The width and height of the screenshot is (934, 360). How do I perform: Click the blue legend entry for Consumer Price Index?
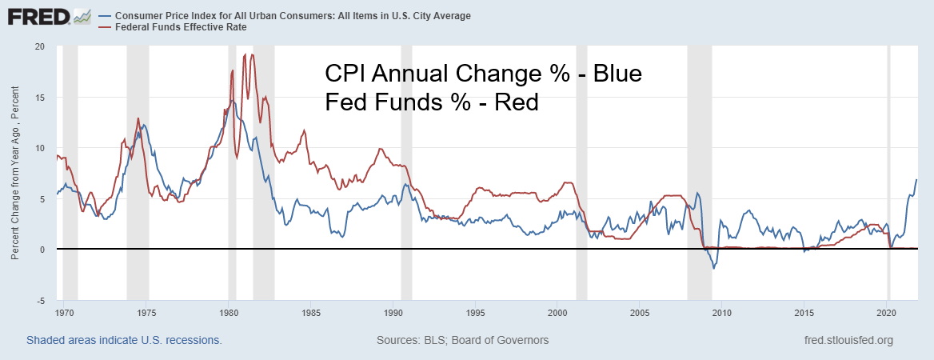tap(293, 15)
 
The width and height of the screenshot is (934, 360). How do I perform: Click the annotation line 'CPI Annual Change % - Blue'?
tap(483, 74)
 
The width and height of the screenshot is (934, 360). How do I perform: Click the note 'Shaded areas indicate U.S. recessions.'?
tap(124, 340)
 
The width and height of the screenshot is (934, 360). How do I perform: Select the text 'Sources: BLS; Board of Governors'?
tap(462, 340)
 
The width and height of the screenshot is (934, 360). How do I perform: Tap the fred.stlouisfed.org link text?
tap(849, 340)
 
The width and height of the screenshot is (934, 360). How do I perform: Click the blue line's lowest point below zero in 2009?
tap(713, 268)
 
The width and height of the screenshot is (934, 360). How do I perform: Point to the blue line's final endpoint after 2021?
tap(916, 179)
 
